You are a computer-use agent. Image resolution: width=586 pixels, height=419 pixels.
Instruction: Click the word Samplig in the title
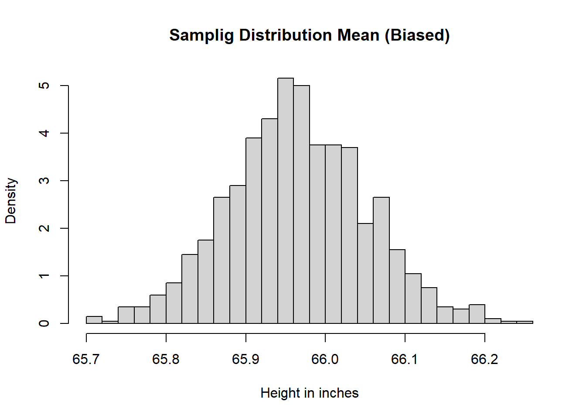pyautogui.click(x=201, y=36)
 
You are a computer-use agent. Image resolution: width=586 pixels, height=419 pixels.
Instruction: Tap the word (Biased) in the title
pyautogui.click(x=417, y=36)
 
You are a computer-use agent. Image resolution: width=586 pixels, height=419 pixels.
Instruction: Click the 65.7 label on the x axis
pyautogui.click(x=86, y=359)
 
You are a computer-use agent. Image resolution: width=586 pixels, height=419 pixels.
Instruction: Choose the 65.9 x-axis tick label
pyautogui.click(x=246, y=359)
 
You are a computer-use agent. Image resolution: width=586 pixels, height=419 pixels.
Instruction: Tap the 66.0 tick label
pyautogui.click(x=325, y=359)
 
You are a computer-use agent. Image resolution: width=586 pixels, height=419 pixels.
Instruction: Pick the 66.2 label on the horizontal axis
pyautogui.click(x=485, y=359)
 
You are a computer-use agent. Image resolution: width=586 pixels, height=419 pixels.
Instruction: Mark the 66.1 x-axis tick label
pyautogui.click(x=405, y=359)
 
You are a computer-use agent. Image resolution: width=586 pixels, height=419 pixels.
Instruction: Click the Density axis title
pyautogui.click(x=11, y=201)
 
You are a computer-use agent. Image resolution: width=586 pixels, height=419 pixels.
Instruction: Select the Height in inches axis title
pyautogui.click(x=310, y=393)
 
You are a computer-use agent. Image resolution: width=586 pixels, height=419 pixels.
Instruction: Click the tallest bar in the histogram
pyautogui.click(x=286, y=201)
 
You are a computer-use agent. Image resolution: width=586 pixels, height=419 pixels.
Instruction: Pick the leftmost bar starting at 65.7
pyautogui.click(x=94, y=320)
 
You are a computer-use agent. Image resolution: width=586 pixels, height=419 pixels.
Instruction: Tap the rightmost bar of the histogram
pyautogui.click(x=525, y=322)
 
